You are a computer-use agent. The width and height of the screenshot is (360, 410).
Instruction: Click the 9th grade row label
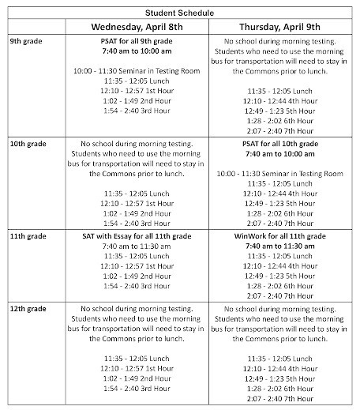point(26,39)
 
